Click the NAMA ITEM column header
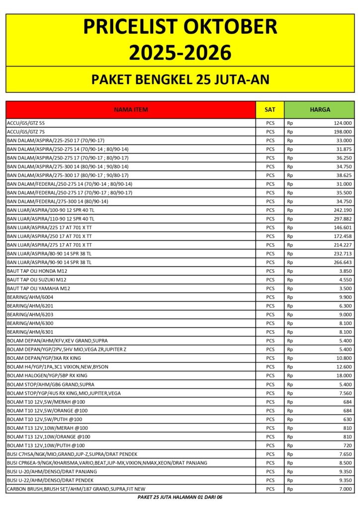tap(131, 109)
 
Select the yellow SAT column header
tap(270, 109)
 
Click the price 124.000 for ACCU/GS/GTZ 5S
tap(343, 123)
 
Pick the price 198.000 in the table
tap(343, 132)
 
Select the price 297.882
tap(343, 219)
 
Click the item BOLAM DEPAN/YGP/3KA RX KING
tap(44, 358)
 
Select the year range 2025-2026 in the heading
tap(180, 52)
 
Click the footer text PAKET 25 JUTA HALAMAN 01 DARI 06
tap(180, 497)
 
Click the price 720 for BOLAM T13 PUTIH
tap(347, 445)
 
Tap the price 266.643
tap(343, 262)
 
